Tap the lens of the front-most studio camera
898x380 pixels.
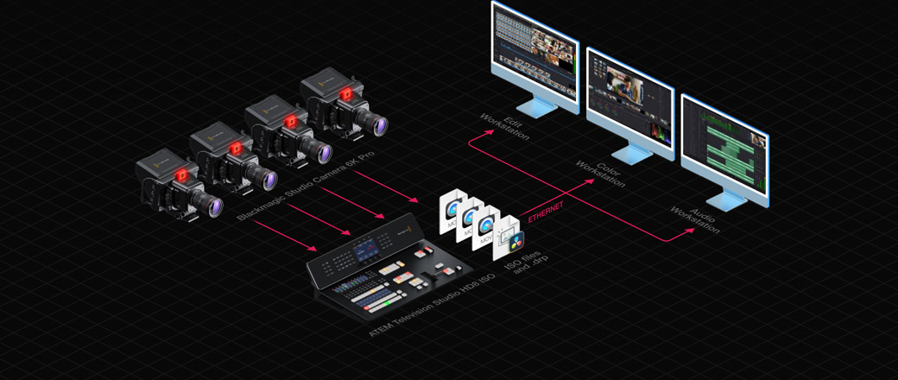[x=210, y=205]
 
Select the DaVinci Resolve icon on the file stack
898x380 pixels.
[x=516, y=244]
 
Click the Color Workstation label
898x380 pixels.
[x=598, y=171]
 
